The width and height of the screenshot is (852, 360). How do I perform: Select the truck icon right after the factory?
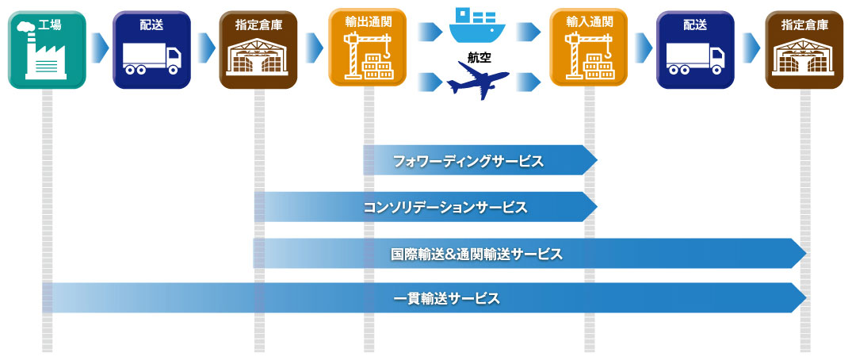coord(151,58)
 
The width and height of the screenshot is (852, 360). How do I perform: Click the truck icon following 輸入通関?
coord(695,58)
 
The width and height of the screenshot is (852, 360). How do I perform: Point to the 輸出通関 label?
coord(368,22)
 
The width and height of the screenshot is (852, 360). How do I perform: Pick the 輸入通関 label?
coord(589,22)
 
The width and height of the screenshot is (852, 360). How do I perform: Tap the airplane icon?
coord(478,79)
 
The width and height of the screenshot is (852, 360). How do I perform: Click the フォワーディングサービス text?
coord(468,161)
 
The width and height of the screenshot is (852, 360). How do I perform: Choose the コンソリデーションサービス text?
coord(445,207)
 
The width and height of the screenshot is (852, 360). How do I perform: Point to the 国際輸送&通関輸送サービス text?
coord(476,254)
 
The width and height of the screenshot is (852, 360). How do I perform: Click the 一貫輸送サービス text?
coord(445,299)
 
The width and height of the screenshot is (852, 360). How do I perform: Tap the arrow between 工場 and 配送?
coord(99,48)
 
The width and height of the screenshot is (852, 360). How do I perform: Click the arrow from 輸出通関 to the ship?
coord(430,32)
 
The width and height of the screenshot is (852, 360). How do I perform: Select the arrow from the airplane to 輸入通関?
coord(528,82)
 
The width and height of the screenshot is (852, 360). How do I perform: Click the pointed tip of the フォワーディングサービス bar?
coord(597,160)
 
